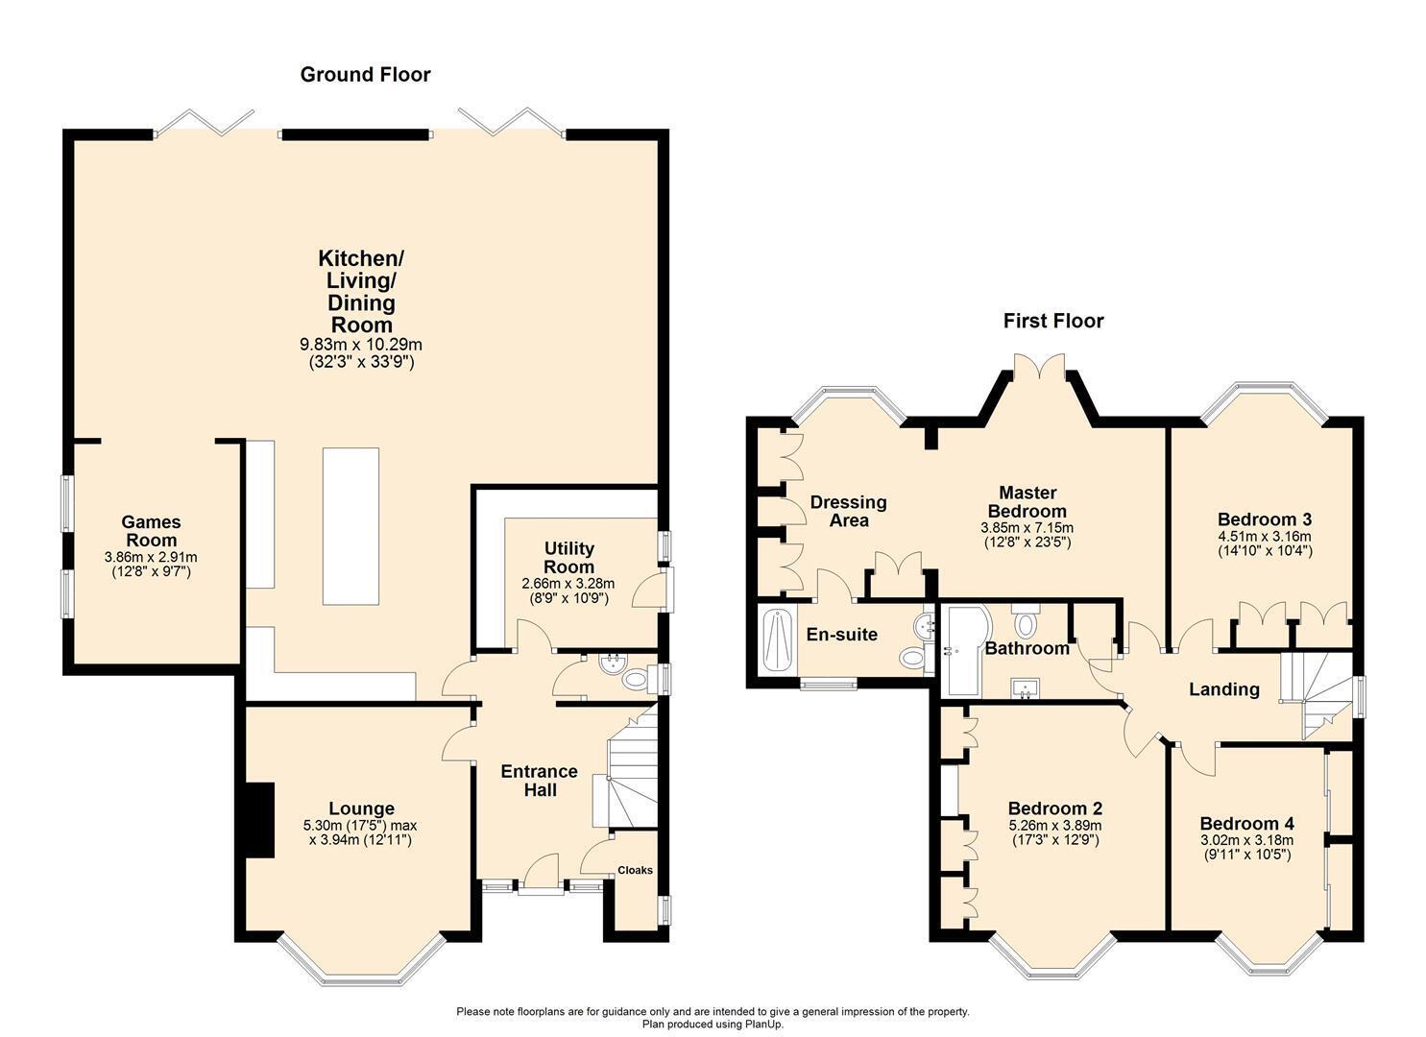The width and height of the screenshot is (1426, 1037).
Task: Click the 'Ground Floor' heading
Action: pos(365,75)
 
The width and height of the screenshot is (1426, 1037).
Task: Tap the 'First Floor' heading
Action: pos(1052,321)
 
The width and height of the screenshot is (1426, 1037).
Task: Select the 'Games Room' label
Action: pos(151,531)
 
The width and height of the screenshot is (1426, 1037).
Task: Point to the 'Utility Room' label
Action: pos(568,557)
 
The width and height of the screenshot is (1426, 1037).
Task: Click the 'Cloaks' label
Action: pos(635,870)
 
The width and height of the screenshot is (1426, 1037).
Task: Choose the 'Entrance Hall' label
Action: pos(539,781)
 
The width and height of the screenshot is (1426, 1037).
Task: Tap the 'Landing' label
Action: pos(1223,688)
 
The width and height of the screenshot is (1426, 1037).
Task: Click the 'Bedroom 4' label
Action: pos(1245,824)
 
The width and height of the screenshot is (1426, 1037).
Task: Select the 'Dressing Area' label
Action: pos(848,511)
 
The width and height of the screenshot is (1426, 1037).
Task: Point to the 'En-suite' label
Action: pos(841,634)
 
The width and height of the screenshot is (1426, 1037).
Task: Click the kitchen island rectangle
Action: pos(350,525)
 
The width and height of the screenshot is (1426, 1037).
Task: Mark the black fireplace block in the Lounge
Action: pos(258,819)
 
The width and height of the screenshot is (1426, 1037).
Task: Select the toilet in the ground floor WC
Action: pos(634,679)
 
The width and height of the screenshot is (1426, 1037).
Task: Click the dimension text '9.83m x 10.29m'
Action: pos(361,344)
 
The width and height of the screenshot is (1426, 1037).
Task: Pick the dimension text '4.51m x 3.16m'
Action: pos(1264,536)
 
